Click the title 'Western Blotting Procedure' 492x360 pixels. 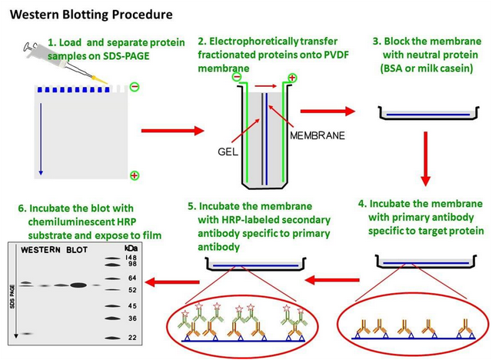[91, 15]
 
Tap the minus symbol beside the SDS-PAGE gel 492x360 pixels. [135, 87]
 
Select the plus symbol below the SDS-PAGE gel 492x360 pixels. [135, 176]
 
